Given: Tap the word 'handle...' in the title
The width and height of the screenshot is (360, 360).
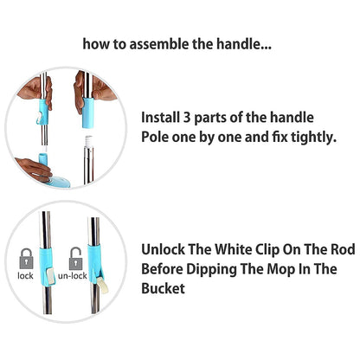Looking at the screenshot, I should click(x=251, y=42).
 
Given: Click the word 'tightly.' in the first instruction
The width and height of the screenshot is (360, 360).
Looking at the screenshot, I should click(x=305, y=136).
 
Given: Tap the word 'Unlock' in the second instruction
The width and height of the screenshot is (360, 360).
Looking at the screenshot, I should click(x=164, y=247).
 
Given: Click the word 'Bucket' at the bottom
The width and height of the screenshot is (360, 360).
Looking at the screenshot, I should click(x=163, y=289).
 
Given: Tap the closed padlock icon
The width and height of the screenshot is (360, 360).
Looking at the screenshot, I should click(x=25, y=258).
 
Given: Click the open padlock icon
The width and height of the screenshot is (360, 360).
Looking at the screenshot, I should click(x=77, y=257).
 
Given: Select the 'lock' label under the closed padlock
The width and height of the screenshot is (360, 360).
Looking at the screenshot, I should click(x=25, y=277).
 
